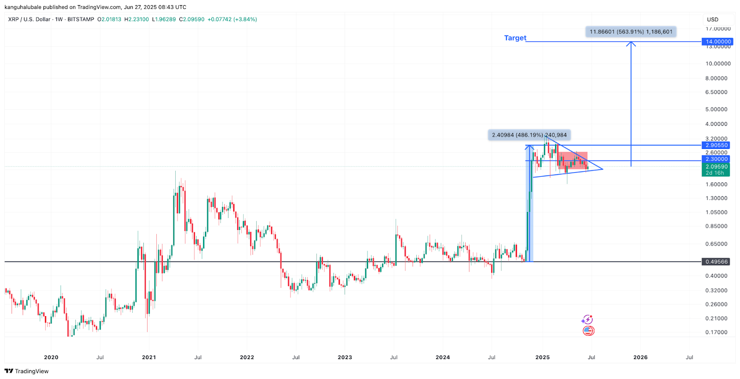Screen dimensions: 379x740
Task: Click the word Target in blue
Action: click(515, 38)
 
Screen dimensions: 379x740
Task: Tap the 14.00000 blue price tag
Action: click(718, 42)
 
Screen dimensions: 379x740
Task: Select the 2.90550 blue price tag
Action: click(716, 145)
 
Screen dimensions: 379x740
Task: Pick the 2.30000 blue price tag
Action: click(716, 159)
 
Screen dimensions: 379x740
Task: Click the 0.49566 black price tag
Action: click(716, 262)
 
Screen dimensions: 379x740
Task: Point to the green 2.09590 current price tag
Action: click(716, 167)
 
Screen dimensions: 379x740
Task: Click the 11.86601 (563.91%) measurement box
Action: click(631, 31)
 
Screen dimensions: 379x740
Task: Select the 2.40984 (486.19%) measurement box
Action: click(529, 135)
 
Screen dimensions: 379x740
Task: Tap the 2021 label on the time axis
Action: click(149, 357)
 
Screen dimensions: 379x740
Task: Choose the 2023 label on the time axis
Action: click(345, 357)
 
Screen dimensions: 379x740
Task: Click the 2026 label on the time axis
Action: click(640, 357)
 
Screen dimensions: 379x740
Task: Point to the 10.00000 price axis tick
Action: click(718, 64)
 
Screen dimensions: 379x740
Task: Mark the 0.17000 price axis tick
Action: click(716, 332)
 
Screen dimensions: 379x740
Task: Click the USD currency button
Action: click(713, 19)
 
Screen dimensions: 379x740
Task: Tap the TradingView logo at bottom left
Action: click(26, 371)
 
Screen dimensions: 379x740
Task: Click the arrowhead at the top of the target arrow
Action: click(631, 43)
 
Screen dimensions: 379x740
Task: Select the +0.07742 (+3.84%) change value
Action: click(232, 19)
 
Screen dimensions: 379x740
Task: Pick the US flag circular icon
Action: click(588, 331)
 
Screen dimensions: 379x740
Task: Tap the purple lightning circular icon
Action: click(587, 319)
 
